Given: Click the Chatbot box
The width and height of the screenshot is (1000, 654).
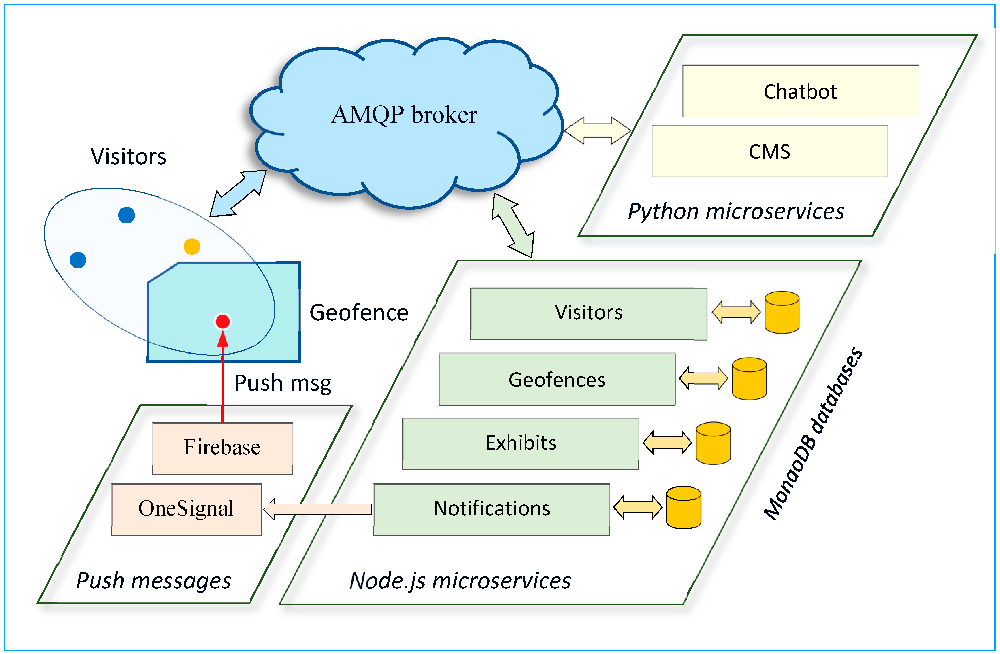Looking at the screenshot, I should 800,91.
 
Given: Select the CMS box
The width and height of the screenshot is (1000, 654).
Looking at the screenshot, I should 769,151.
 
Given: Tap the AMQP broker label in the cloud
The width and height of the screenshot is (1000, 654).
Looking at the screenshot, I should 404,114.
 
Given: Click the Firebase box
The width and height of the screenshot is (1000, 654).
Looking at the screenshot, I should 222,448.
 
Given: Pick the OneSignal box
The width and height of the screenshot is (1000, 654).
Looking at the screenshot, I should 186,509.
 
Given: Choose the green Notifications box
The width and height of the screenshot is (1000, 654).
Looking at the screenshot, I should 492,509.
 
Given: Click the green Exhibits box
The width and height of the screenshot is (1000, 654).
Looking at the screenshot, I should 520,444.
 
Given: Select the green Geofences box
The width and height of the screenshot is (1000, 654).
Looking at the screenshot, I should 557,379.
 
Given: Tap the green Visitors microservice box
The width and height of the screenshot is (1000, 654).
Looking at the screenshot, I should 588,313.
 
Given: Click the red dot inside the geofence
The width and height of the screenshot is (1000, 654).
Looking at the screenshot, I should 222,322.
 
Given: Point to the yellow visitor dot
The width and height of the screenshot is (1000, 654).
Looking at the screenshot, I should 192,246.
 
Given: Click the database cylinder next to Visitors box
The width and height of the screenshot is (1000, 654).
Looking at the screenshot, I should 782,313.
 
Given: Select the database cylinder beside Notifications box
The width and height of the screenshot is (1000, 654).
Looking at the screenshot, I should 684,507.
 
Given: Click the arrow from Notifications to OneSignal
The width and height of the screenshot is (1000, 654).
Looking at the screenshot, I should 317,509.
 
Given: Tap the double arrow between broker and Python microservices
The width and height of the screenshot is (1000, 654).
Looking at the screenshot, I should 597,131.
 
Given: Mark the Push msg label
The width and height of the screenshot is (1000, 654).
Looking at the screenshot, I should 282,383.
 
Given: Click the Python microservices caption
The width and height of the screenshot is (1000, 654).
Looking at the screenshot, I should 735,211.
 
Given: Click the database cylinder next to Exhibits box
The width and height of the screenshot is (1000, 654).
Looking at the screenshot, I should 713,443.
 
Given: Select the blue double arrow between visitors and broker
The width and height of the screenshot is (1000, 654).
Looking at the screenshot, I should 238,193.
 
